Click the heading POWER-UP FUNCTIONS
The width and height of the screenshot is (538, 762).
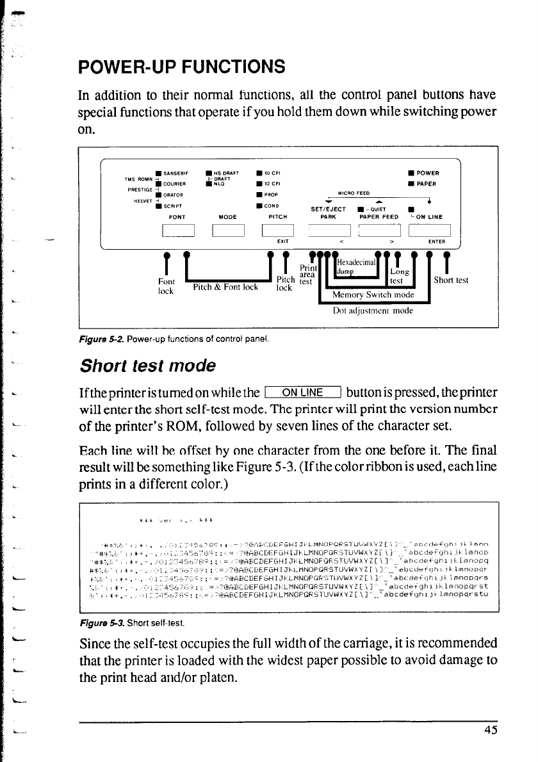pyautogui.click(x=181, y=67)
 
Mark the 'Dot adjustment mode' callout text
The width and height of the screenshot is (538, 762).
pyautogui.click(x=368, y=312)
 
